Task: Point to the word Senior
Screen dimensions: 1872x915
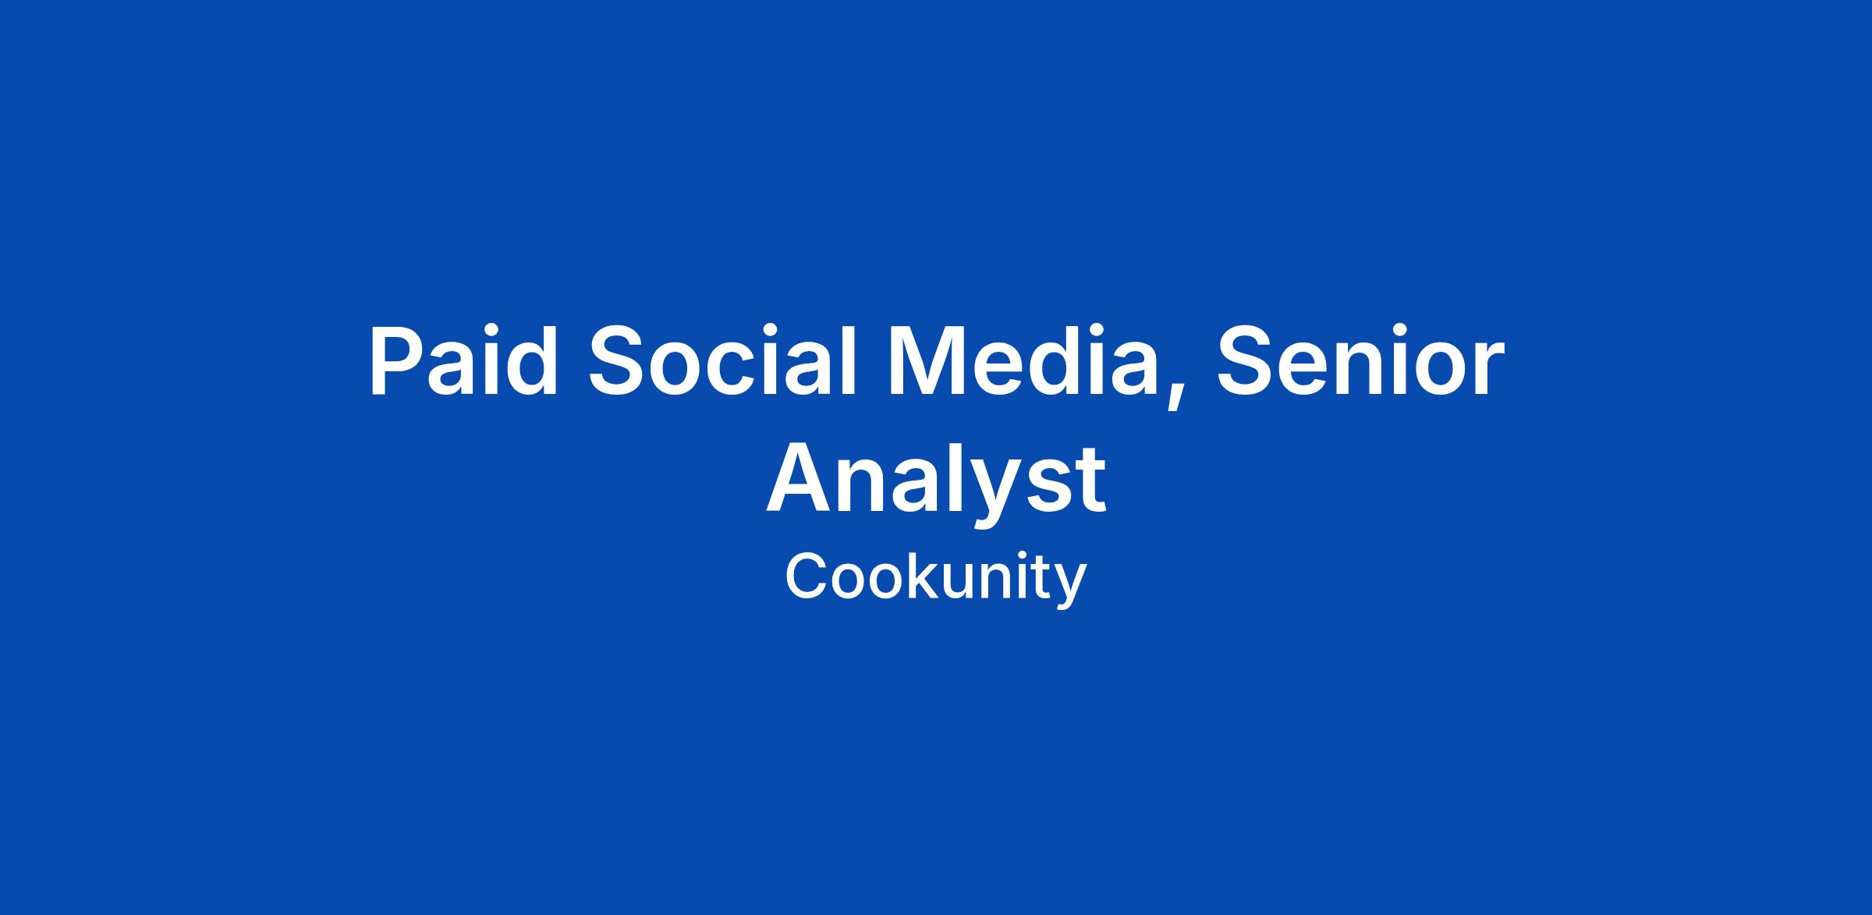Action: click(x=1360, y=361)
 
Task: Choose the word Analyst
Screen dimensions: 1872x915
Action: click(x=936, y=482)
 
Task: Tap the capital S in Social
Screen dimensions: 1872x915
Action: click(x=621, y=361)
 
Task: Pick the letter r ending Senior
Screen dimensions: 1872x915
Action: click(x=1487, y=370)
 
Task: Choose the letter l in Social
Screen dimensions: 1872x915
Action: click(x=851, y=360)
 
